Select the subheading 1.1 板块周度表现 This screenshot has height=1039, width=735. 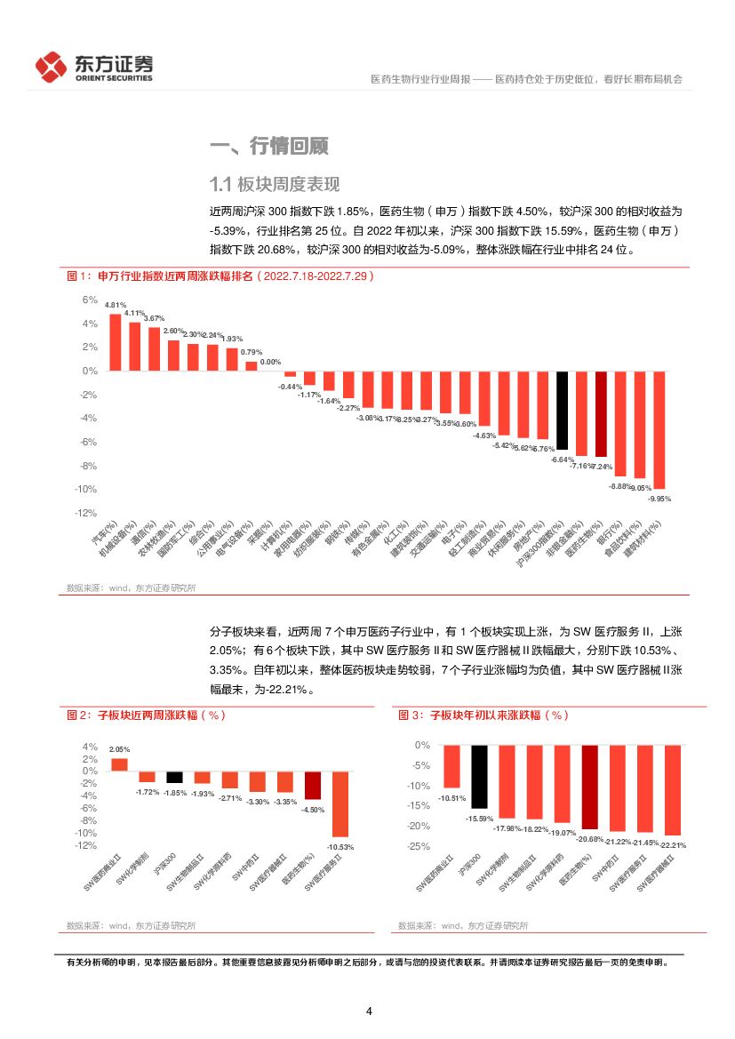(275, 185)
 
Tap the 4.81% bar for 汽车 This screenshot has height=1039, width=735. (116, 341)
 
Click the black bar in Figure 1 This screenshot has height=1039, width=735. (562, 412)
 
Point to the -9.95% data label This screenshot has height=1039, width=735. (659, 500)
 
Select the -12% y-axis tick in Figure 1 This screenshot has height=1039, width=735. (86, 513)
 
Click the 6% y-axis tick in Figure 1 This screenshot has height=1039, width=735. (90, 300)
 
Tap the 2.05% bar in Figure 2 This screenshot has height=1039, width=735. (119, 764)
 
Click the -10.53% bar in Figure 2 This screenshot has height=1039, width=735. (340, 803)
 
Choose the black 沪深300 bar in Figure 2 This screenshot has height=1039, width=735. (174, 777)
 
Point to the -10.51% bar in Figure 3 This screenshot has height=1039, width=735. (452, 766)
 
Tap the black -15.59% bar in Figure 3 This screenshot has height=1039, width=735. (480, 776)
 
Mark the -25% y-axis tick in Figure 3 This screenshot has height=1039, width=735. (419, 846)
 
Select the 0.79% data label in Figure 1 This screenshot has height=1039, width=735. (252, 352)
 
